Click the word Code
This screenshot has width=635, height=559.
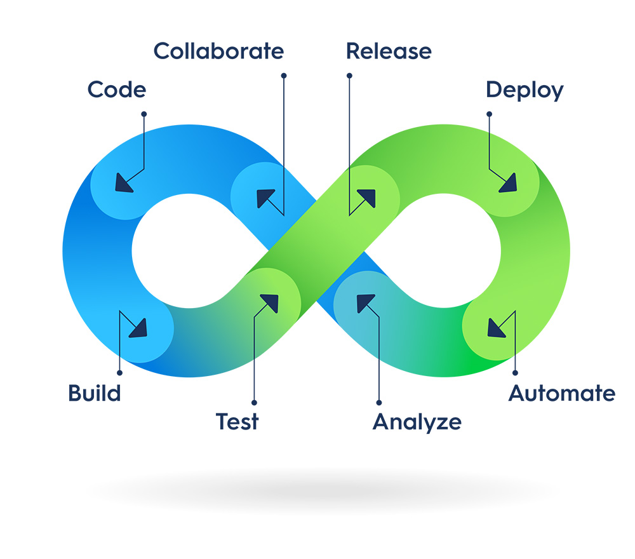117,90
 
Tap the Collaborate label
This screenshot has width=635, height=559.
218,51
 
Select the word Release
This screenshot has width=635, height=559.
389,51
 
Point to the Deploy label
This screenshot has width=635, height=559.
525,90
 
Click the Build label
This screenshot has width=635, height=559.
95,393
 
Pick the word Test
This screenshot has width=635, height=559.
237,421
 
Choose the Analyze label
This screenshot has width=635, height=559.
417,421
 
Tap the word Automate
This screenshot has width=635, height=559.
562,393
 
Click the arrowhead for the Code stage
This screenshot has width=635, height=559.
123,184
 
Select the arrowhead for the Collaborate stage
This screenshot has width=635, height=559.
265,198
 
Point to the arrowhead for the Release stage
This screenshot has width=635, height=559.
367,198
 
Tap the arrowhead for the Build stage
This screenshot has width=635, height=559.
138,328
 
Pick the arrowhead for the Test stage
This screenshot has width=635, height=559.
270,303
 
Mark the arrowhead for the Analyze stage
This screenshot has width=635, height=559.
365,303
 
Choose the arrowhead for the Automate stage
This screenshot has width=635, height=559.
496,328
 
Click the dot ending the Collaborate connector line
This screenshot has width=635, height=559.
284,76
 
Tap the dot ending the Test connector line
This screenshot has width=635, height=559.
254,402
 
